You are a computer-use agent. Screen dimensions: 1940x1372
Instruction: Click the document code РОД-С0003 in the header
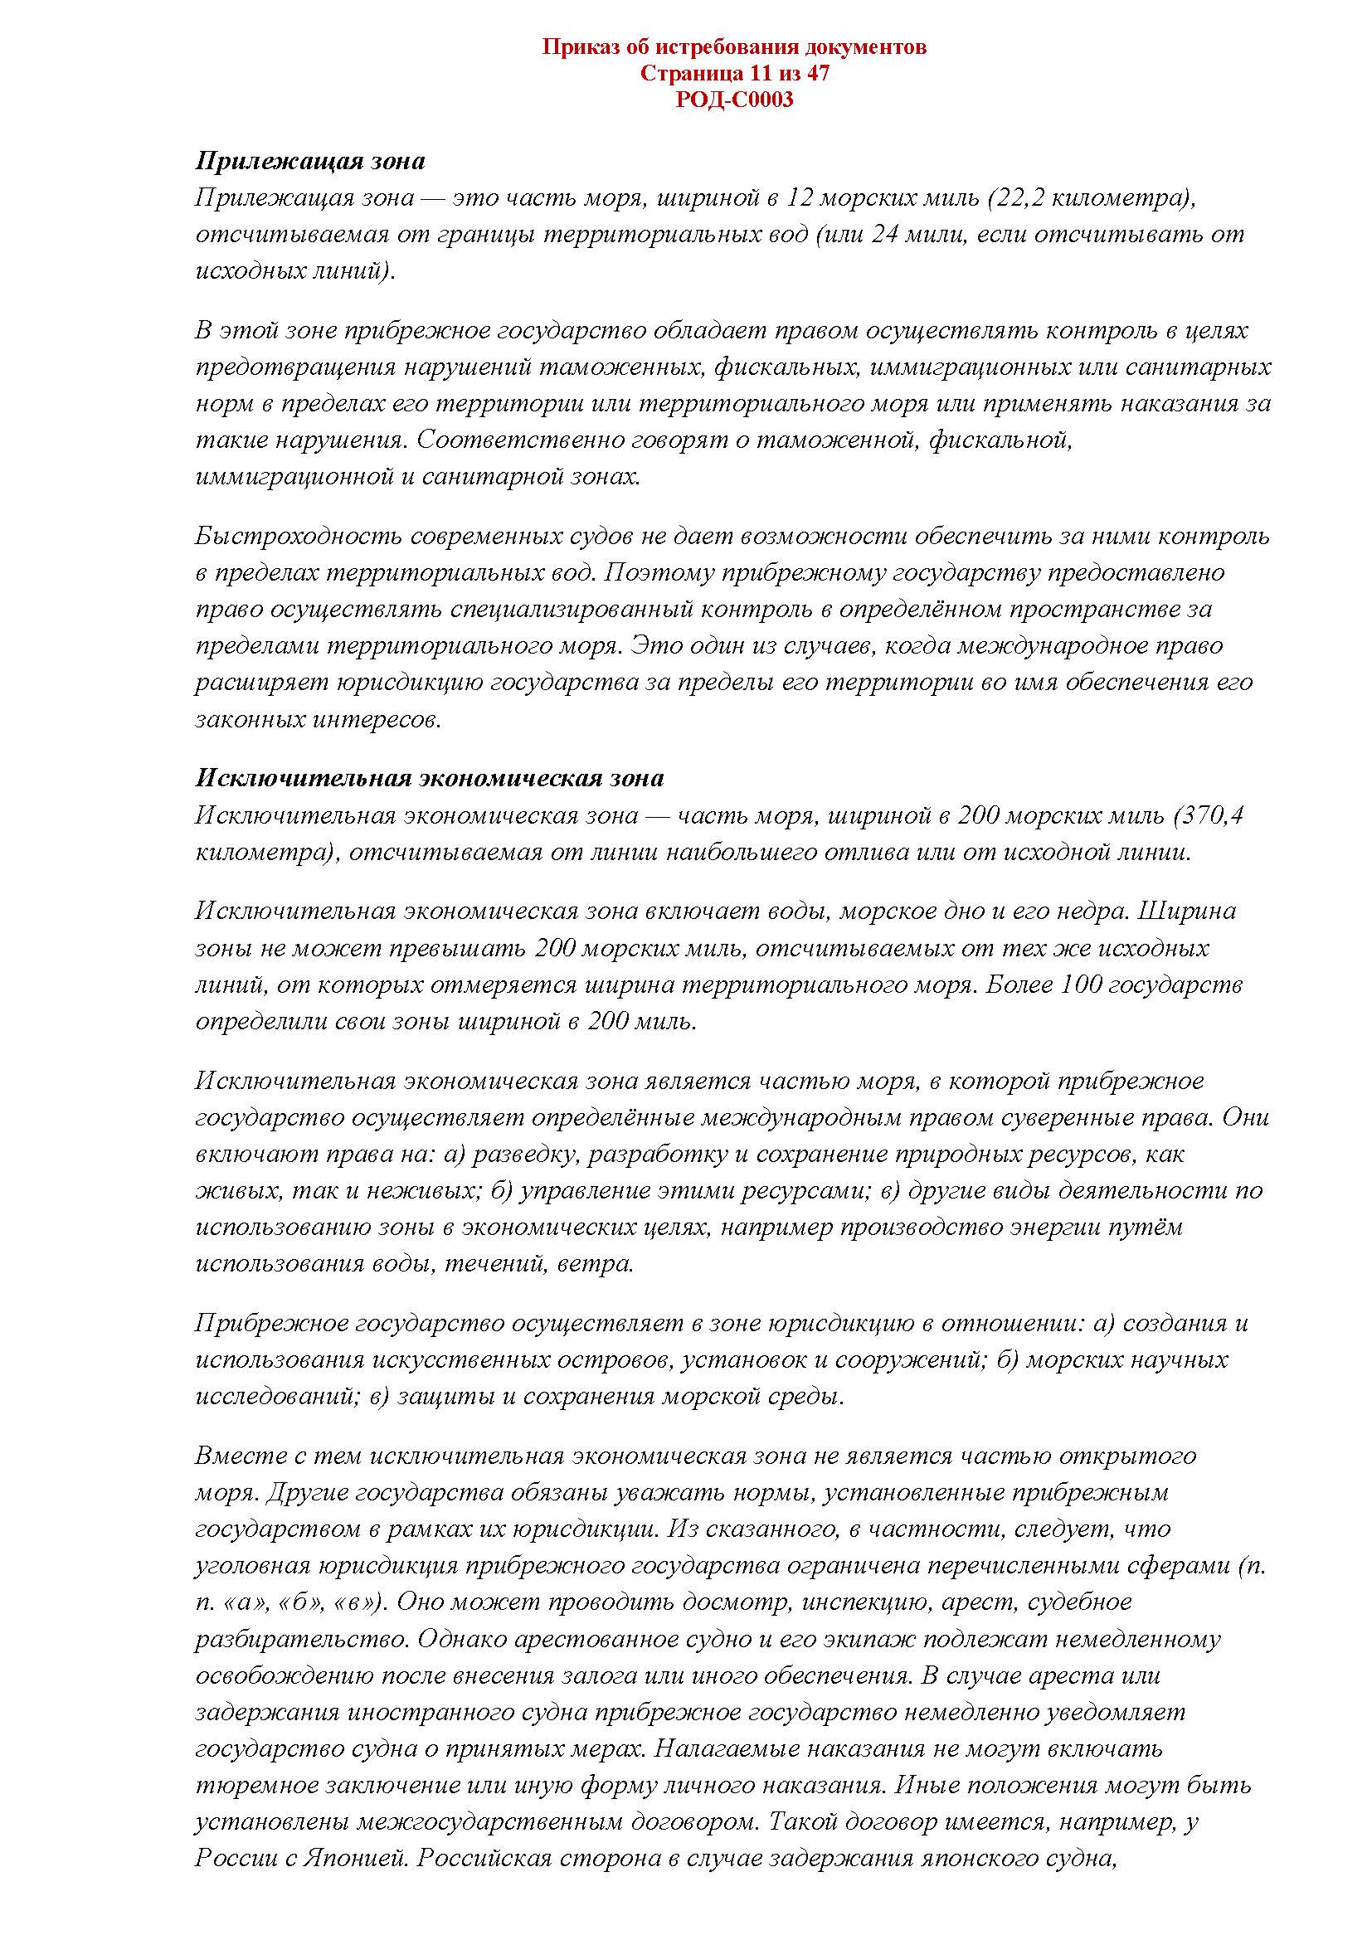[x=734, y=100]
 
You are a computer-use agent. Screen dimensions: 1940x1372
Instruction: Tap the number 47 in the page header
[x=817, y=74]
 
